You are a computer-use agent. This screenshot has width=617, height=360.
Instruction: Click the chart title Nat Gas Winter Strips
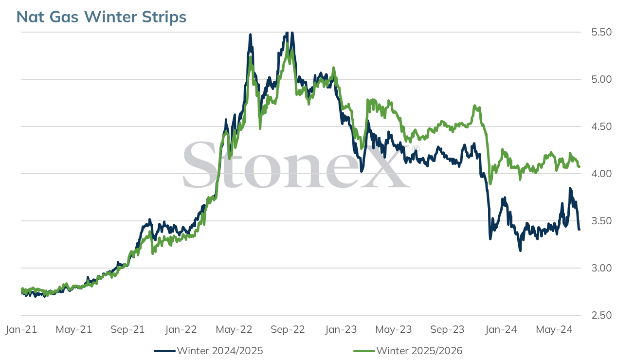coord(101,17)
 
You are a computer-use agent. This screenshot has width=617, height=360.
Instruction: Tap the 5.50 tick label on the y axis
coord(601,32)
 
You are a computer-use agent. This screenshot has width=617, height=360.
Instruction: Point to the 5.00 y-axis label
coord(601,79)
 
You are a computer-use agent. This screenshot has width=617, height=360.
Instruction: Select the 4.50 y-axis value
coord(601,126)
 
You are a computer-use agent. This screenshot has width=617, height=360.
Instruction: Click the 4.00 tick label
coord(601,174)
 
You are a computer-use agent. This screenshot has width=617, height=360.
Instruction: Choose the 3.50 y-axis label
coord(601,221)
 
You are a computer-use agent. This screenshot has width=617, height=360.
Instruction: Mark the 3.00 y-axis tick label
coord(601,268)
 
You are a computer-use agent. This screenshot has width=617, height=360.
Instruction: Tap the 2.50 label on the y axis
coord(601,315)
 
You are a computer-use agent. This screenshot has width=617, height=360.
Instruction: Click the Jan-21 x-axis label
coord(21,329)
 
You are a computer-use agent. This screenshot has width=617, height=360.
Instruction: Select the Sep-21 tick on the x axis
coord(127,329)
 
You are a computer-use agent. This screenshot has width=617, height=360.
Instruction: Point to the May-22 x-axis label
coord(234,329)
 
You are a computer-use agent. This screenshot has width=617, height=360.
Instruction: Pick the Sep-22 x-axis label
coord(288,329)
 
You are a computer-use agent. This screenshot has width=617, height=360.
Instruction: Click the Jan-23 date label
coord(341,329)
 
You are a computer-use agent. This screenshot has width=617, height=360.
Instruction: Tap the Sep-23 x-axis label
coord(447,329)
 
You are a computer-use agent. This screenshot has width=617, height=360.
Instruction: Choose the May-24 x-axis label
coord(554,329)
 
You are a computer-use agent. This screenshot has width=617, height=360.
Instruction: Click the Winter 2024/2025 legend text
coord(220,351)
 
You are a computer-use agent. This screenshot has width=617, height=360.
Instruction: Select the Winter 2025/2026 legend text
coord(419,351)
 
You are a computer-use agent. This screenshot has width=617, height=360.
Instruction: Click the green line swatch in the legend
coord(364,351)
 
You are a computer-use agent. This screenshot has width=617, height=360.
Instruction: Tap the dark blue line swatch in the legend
coord(165,351)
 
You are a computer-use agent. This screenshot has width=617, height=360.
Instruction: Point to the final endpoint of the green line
coord(579,167)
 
